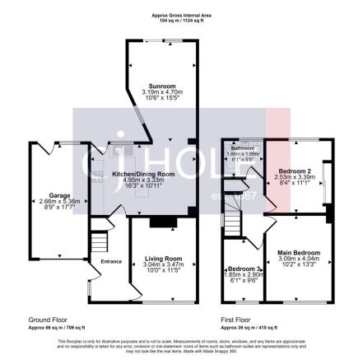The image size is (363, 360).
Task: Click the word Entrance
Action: tap(110, 262)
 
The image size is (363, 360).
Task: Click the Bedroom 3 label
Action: tap(242, 269)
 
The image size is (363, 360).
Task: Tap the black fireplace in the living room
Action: tap(162, 222)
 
